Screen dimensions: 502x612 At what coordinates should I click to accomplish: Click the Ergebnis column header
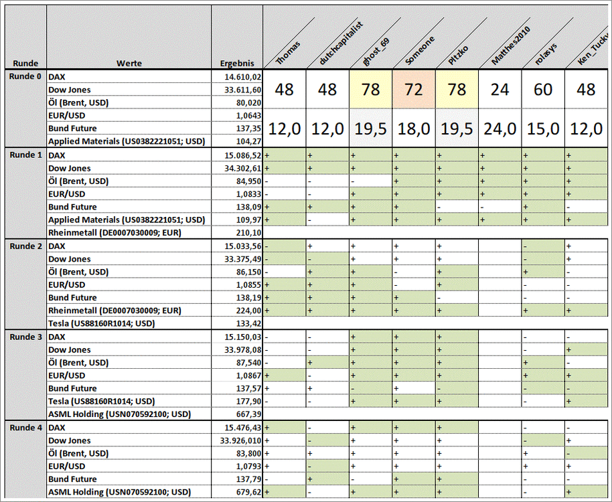point(237,64)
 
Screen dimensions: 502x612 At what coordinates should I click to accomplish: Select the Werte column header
point(129,64)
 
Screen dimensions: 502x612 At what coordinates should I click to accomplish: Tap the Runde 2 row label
point(25,246)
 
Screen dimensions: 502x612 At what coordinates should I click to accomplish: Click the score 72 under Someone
point(414,89)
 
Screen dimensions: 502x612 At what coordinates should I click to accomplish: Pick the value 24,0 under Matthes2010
point(500,129)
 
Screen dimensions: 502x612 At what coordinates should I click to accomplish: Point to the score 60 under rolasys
point(543,89)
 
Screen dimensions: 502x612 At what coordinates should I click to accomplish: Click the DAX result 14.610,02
point(243,77)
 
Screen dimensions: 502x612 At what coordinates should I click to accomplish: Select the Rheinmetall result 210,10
point(248,233)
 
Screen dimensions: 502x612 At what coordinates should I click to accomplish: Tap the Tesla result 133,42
point(248,324)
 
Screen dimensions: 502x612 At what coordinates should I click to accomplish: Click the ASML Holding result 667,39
point(248,415)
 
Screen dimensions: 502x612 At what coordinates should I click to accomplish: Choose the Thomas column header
point(289,54)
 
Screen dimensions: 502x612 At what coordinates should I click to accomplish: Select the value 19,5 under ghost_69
point(370,129)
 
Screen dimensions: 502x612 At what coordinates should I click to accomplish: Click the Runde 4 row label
point(25,428)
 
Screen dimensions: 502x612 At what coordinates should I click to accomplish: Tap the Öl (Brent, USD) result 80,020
point(247,103)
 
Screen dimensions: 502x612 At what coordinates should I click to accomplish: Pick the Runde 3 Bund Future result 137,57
point(248,389)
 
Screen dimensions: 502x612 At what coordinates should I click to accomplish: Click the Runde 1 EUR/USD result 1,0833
point(248,194)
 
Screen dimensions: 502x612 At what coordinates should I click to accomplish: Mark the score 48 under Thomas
point(285,89)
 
